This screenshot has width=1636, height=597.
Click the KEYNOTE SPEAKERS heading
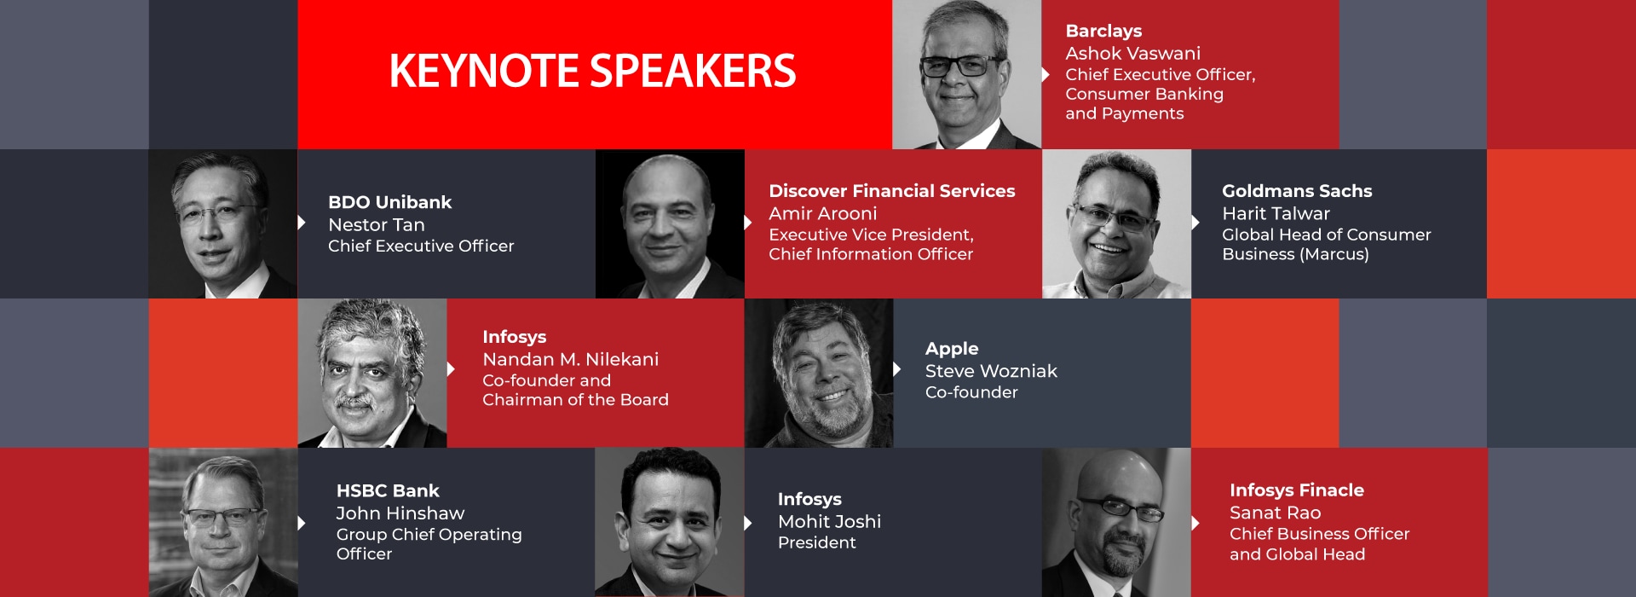click(592, 71)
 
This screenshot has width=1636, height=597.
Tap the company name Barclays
click(1103, 32)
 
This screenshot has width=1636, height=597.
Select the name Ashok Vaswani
click(1132, 53)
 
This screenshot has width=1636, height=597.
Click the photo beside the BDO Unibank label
click(223, 223)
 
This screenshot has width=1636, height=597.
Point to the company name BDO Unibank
click(389, 202)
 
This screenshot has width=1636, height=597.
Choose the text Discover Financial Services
click(891, 191)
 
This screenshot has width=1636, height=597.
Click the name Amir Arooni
click(822, 213)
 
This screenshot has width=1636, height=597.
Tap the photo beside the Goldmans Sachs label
click(1116, 223)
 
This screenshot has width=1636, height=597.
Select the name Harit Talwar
click(1276, 213)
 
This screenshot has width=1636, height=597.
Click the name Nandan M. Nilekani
click(570, 359)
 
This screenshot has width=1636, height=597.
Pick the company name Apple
click(952, 349)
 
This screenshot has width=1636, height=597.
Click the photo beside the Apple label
click(819, 373)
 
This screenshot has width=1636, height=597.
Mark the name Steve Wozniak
click(991, 371)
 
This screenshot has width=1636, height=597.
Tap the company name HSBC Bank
click(388, 490)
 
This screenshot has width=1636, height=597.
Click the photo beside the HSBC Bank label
click(223, 522)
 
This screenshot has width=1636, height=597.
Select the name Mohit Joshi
click(829, 521)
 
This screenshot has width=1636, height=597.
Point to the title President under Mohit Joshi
click(816, 542)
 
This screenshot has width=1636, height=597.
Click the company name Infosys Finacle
click(1296, 490)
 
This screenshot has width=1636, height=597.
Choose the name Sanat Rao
click(1275, 513)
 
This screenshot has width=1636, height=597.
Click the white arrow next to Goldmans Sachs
click(1195, 223)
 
